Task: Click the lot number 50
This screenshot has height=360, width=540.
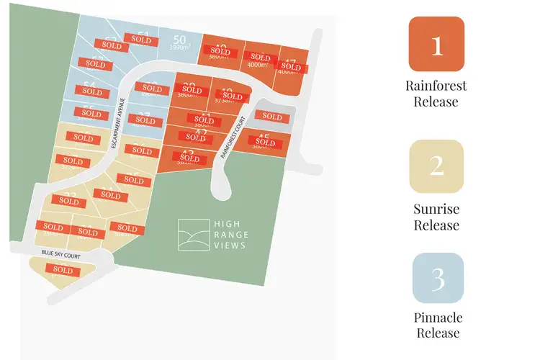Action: pos(180,38)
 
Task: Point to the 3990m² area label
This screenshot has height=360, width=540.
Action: pos(179,48)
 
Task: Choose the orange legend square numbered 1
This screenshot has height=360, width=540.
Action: pos(436,45)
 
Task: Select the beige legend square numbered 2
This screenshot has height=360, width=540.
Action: pos(436,166)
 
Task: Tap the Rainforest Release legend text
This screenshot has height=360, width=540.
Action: pos(436,94)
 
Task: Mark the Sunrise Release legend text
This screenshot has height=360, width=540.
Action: pos(436,217)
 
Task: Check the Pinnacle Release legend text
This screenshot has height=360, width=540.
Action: pos(437,325)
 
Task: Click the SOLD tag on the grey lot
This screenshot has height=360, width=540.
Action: pos(271,117)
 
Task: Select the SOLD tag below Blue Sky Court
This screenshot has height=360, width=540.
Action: pos(63,271)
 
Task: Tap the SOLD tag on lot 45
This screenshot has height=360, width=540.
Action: pos(266,143)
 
